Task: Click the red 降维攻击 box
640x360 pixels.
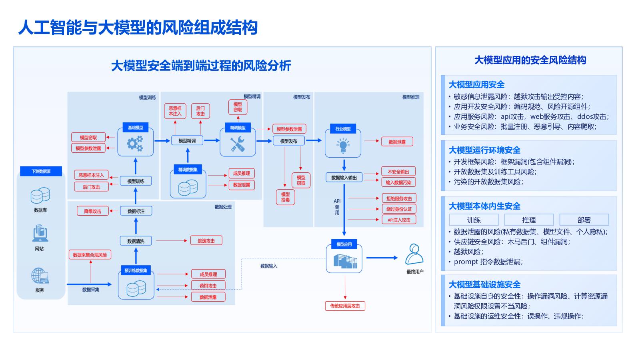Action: click(93, 211)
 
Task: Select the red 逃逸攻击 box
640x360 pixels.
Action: click(206, 241)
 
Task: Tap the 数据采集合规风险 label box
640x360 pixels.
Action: click(90, 255)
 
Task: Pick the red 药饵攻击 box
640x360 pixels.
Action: click(208, 286)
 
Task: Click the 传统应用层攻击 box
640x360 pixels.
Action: click(345, 306)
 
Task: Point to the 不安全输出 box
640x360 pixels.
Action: click(398, 172)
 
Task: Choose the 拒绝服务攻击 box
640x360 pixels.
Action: click(399, 198)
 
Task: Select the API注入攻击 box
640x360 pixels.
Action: click(399, 220)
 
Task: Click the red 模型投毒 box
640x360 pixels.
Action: click(285, 197)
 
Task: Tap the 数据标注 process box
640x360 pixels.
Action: click(136, 211)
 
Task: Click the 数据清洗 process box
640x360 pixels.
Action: click(136, 241)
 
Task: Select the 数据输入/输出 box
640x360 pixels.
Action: click(344, 178)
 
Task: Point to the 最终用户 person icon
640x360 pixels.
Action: click(414, 254)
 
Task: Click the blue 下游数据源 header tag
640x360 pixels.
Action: click(41, 171)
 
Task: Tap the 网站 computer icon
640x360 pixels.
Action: click(40, 233)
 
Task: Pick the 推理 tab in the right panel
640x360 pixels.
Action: click(529, 220)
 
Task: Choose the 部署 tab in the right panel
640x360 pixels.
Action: click(584, 220)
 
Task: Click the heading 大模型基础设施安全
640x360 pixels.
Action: click(484, 284)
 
